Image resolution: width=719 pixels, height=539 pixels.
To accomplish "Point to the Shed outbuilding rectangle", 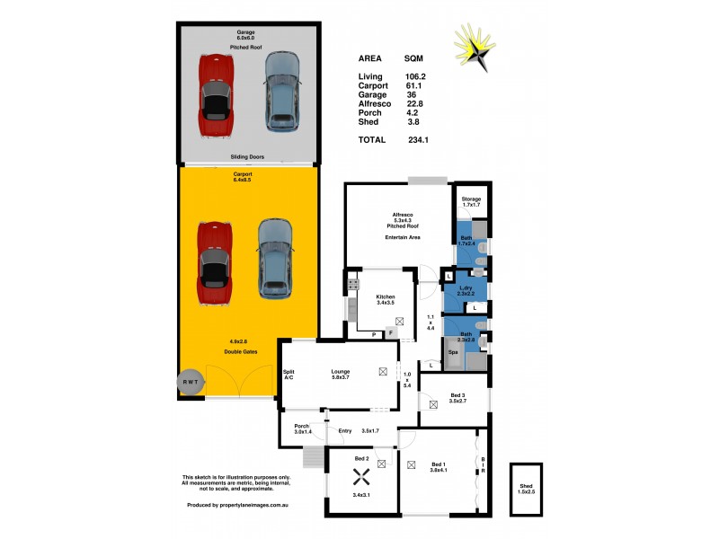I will tap(526, 490).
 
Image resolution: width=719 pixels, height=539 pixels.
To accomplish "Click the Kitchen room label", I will tap(386, 296).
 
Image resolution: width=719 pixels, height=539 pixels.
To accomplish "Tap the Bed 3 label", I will tap(457, 395).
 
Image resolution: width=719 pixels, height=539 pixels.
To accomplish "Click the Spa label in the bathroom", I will tap(453, 351).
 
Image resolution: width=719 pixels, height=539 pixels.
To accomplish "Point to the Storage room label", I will tap(471, 199).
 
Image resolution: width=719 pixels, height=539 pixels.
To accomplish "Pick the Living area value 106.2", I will tap(415, 76).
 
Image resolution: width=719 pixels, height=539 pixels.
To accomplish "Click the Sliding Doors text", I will tap(245, 156).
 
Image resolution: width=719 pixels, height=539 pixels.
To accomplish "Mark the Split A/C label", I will tap(288, 375).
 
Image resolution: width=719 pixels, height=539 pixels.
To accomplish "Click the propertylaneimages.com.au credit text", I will tap(237, 505).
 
